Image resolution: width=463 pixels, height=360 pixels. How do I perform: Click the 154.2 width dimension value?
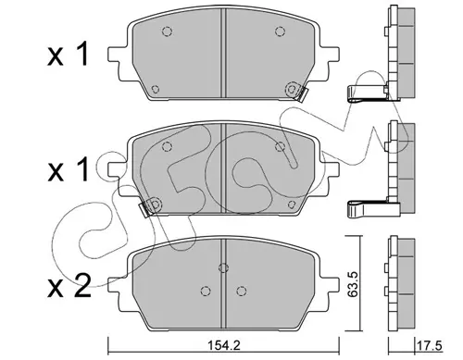click(x=223, y=346)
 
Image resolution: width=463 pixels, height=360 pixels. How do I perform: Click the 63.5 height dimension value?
click(x=352, y=284)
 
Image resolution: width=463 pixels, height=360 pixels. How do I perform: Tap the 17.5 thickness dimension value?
click(x=430, y=346)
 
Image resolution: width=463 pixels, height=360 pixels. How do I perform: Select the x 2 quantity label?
click(x=69, y=286)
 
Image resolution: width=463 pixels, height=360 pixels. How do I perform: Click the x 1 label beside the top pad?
click(x=69, y=55)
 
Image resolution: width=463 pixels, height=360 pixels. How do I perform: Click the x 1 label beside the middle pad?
click(x=69, y=169)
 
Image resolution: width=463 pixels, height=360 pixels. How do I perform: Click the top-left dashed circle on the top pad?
click(x=167, y=31)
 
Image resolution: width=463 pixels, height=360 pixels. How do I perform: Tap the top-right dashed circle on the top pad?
click(x=280, y=31)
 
